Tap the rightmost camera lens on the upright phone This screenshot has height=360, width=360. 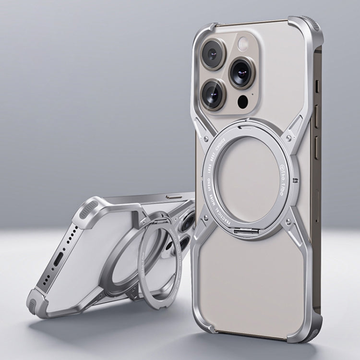point(241,72)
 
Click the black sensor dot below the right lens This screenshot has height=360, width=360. point(243,101)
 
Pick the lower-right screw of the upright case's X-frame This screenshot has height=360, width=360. point(288,220)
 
